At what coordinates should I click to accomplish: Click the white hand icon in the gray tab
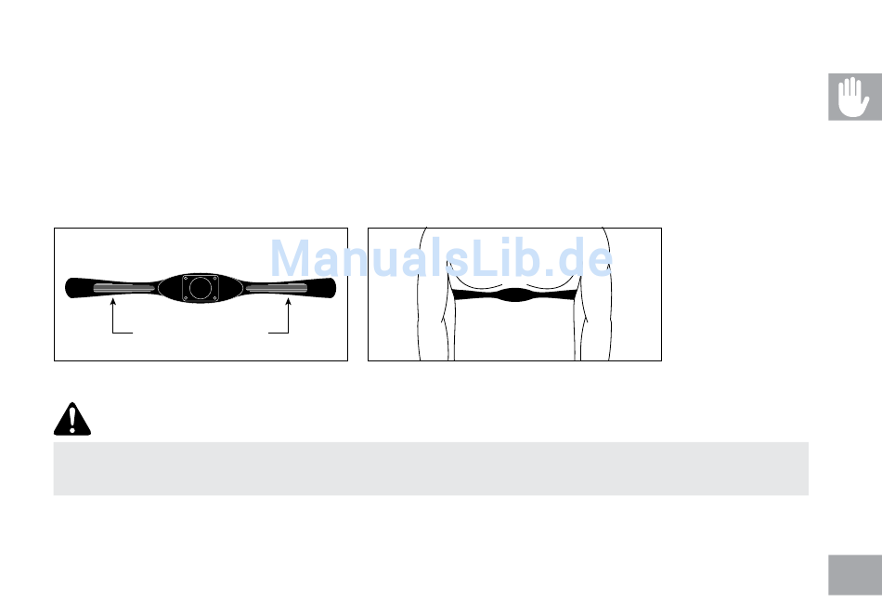click(x=852, y=97)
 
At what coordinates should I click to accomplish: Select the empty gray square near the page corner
click(x=855, y=575)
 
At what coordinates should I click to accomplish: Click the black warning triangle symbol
click(x=72, y=419)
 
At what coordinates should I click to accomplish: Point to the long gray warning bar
click(x=431, y=469)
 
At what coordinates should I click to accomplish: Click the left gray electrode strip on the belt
click(x=124, y=289)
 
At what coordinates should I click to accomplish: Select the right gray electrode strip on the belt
click(x=277, y=289)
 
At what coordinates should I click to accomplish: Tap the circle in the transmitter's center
click(x=201, y=288)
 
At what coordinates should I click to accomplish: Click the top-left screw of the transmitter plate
click(x=186, y=278)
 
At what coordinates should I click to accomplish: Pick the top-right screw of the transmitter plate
click(x=214, y=278)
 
